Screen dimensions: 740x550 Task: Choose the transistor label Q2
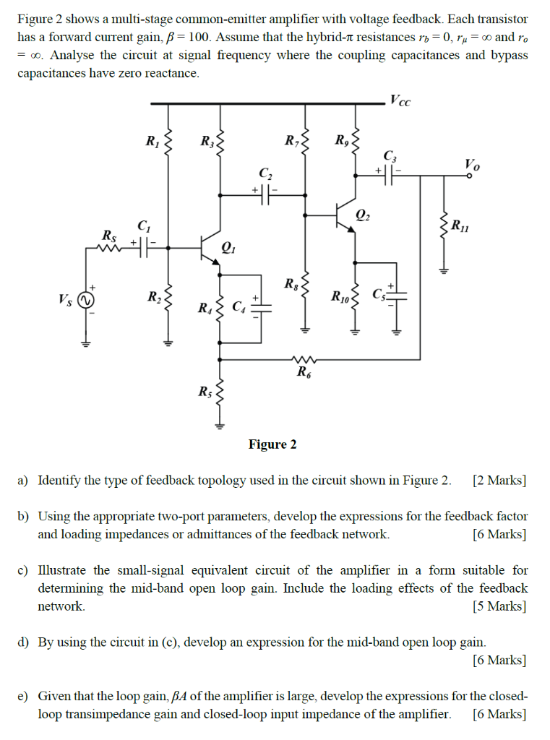pyautogui.click(x=365, y=215)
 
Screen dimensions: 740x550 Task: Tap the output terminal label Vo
pyautogui.click(x=471, y=165)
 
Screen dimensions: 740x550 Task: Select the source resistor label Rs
pyautogui.click(x=108, y=236)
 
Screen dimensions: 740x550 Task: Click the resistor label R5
pyautogui.click(x=205, y=392)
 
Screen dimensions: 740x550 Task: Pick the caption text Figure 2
pyautogui.click(x=272, y=444)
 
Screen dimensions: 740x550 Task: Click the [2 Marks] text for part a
pyautogui.click(x=499, y=481)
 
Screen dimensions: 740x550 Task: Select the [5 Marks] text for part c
pyautogui.click(x=499, y=606)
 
